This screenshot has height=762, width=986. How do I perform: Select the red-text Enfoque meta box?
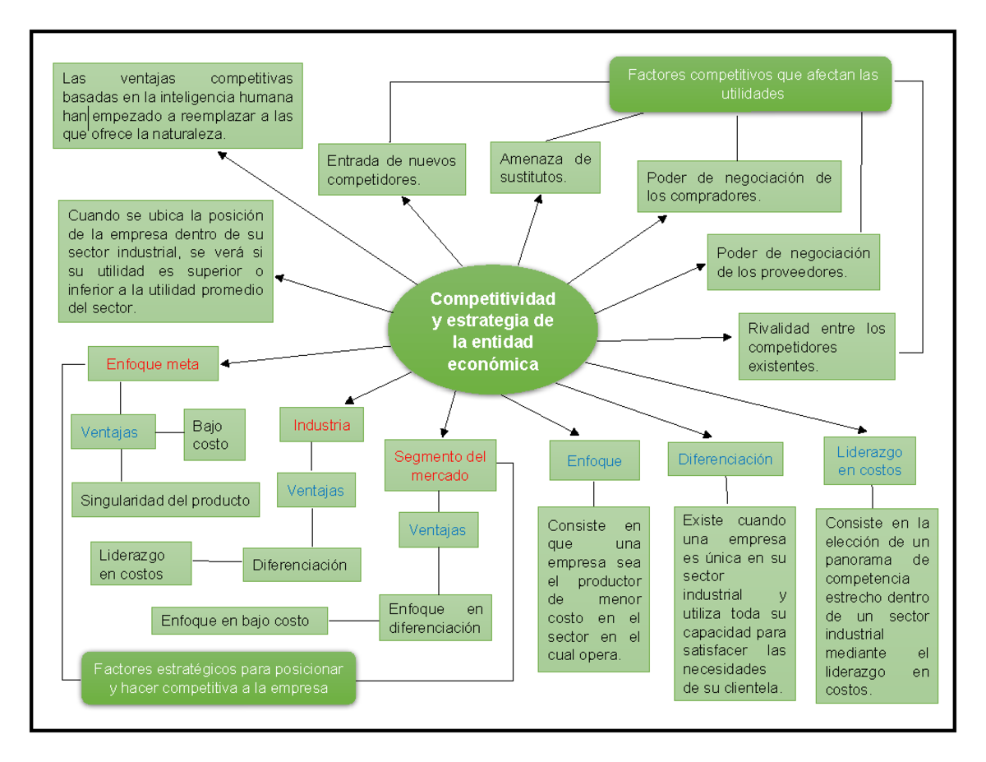click(x=153, y=364)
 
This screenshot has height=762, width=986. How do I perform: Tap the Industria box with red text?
click(x=321, y=425)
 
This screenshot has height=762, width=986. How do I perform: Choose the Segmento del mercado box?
click(x=440, y=466)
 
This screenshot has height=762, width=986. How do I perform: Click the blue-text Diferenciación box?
click(x=725, y=460)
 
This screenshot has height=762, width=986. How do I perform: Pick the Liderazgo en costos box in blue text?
click(x=869, y=461)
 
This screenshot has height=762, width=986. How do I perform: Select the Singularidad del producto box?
click(x=165, y=501)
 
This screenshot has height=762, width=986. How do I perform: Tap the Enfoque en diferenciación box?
click(x=435, y=617)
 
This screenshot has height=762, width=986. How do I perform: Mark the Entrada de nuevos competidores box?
click(x=391, y=169)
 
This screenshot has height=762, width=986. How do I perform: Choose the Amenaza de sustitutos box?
click(x=545, y=168)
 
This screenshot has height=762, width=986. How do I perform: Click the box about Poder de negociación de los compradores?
click(x=739, y=187)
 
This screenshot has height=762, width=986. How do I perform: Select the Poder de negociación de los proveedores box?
click(x=792, y=262)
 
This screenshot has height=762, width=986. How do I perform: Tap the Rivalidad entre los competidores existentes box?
click(x=816, y=346)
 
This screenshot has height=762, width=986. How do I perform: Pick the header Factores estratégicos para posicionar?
click(x=218, y=678)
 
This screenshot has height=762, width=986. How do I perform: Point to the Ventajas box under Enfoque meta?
click(x=113, y=432)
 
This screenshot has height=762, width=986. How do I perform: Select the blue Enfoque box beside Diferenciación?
click(x=593, y=461)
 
